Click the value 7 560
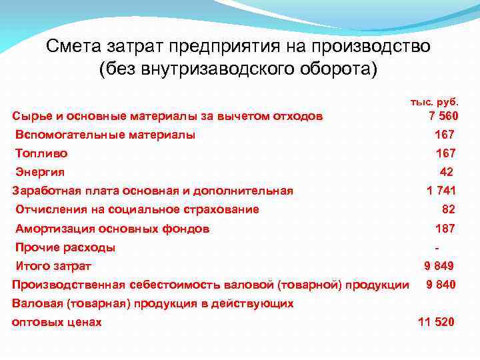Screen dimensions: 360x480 tap(441, 117)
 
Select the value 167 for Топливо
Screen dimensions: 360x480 tap(445, 153)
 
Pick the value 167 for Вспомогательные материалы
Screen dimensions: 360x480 tap(445, 135)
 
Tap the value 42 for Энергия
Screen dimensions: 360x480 tap(447, 172)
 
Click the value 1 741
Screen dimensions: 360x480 tap(441, 191)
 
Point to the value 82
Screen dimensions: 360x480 tap(448, 209)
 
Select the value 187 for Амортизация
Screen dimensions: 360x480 tap(445, 229)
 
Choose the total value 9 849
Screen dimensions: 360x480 tap(439, 266)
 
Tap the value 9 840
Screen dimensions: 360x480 tap(441, 285)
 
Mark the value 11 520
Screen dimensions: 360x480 tap(436, 322)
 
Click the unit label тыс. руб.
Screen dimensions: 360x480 tap(434, 102)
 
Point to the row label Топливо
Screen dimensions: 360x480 tap(41, 153)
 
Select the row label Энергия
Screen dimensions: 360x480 tap(40, 172)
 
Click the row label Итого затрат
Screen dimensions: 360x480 tap(53, 266)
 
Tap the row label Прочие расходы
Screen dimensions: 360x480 tap(65, 247)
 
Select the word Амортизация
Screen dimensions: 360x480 tap(55, 229)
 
